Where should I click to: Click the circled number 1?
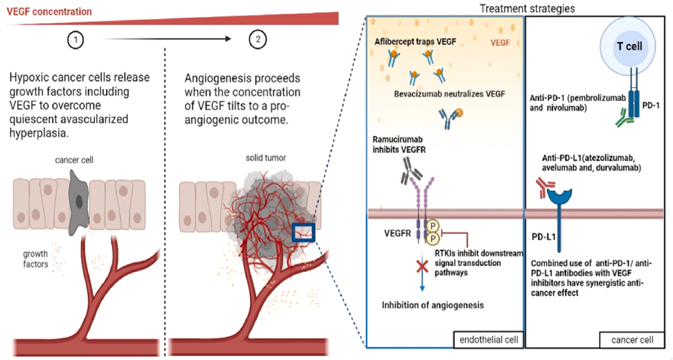74,38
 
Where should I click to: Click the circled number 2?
258,38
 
